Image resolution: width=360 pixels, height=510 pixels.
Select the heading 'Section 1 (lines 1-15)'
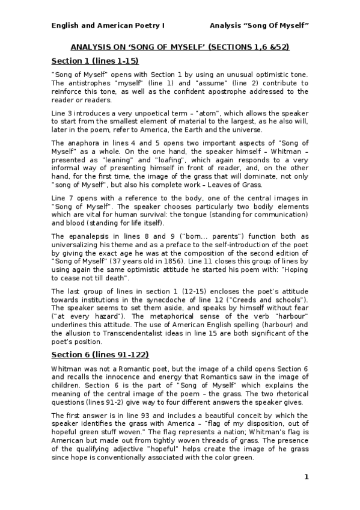tap(95, 61)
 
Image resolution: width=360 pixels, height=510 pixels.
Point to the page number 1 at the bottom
tap(306, 477)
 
